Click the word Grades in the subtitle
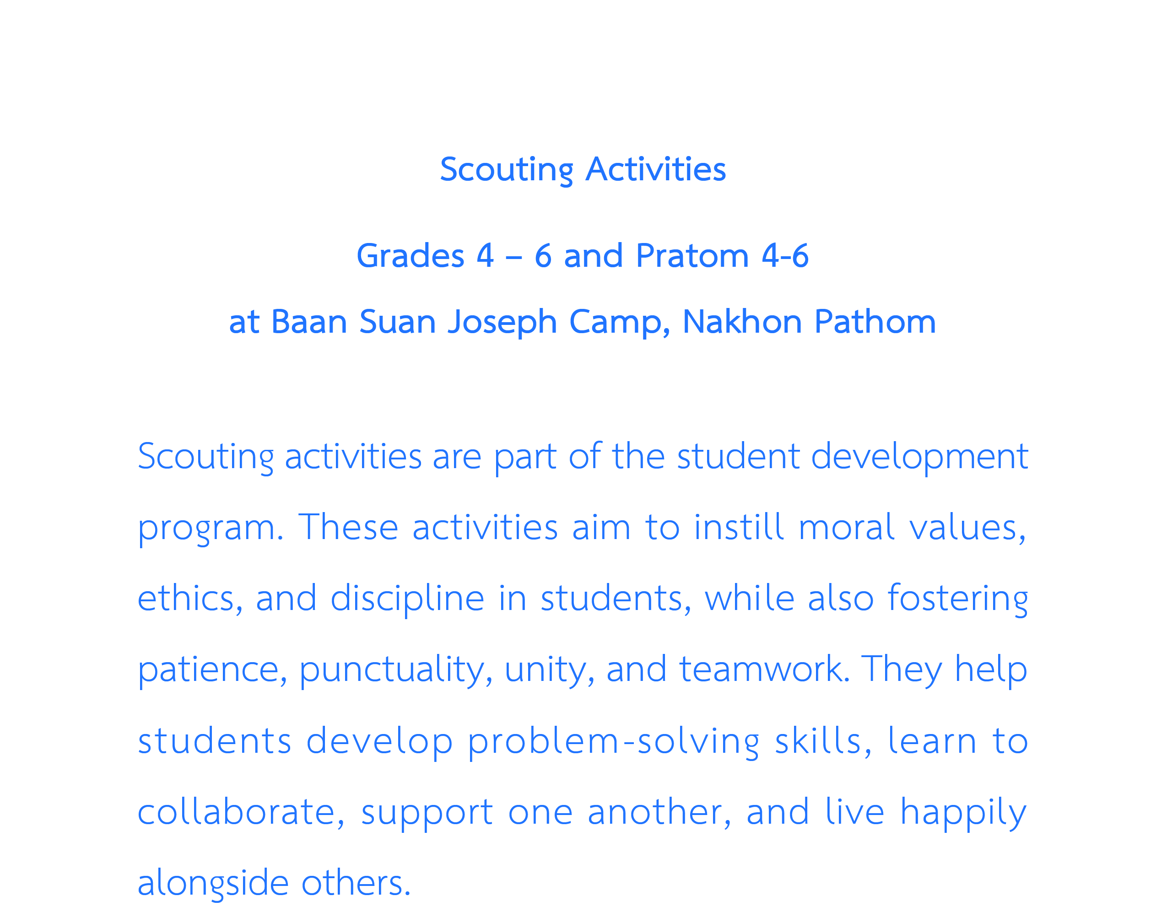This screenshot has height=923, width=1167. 410,257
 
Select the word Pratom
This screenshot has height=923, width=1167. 692,256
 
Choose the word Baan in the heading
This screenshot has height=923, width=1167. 308,322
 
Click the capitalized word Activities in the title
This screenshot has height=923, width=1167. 656,170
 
